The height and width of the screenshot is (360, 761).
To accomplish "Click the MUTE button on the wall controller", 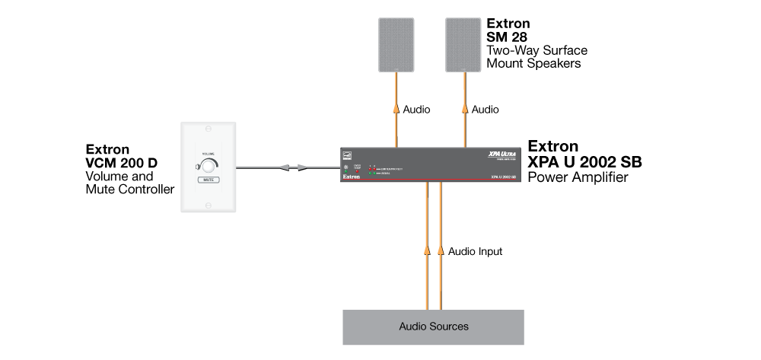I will pos(208,181).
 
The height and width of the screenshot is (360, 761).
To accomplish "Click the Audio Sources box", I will pos(434,327).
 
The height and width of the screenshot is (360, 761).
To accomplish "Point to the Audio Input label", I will pos(475,251).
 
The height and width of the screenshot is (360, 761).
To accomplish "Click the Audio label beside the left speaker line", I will pos(416,110).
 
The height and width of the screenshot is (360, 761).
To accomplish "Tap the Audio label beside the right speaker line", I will pos(485,110).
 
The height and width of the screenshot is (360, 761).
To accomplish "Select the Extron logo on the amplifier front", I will pos(351,177).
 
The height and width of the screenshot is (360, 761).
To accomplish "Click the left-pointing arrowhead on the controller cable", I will pos(285,167).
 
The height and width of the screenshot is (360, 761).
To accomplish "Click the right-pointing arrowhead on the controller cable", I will pos(303,167).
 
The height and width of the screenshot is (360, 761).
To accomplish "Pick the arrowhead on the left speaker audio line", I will pos(396,108).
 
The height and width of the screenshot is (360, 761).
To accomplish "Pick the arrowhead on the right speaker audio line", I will pos(463,108).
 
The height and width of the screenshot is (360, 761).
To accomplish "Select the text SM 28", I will pos(508,37).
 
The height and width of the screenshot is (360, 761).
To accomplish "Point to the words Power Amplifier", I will pos(578,178).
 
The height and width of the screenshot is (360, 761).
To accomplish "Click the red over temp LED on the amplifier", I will pos(358,172).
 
